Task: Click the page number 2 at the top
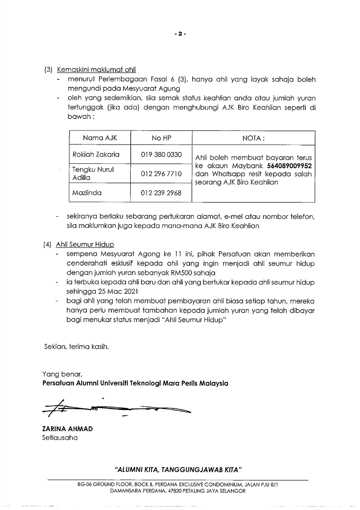180,34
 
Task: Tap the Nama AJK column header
100,138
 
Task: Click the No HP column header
161,138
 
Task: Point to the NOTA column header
253,138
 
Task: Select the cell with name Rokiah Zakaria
96,154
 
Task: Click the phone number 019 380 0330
161,154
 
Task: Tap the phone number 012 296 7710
161,174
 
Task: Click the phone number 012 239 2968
161,193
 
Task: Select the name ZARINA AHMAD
67,429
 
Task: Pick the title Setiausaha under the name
60,438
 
